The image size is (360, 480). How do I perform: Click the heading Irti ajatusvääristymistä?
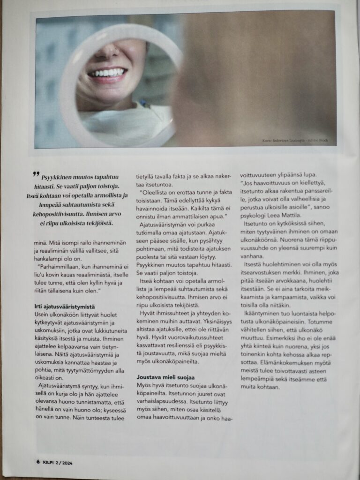[63, 307]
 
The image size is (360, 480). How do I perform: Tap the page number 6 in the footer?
[37, 462]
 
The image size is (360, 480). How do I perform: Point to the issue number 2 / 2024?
[66, 462]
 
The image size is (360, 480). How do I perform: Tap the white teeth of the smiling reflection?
[108, 73]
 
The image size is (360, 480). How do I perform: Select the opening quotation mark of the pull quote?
[36, 174]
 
